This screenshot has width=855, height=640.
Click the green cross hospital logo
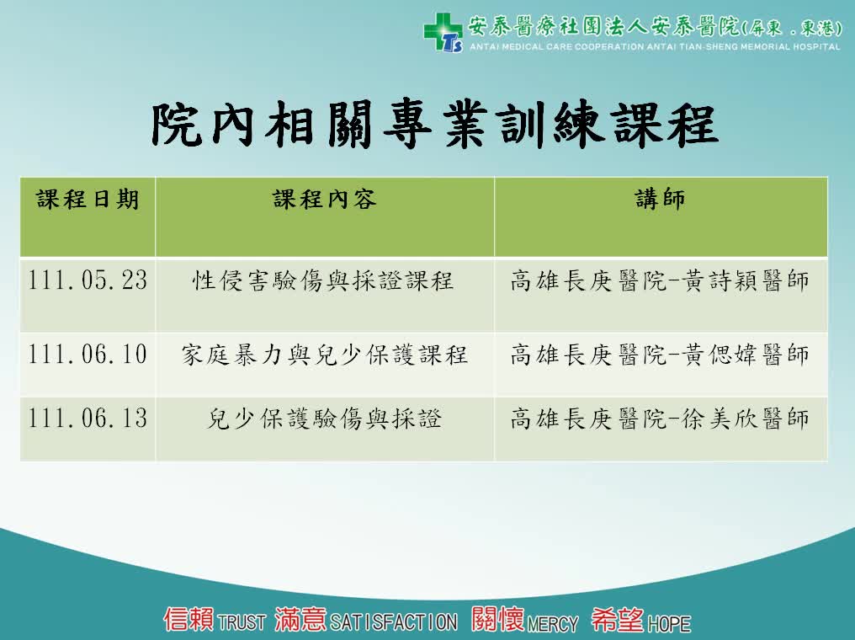(x=443, y=32)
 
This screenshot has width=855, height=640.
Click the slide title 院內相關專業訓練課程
(x=434, y=125)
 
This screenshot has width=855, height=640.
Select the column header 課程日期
(x=88, y=199)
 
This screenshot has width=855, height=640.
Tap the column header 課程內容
(x=325, y=199)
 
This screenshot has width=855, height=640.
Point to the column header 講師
(x=661, y=199)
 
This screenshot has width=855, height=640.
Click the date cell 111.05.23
(x=88, y=280)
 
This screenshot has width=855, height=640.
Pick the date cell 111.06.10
(x=88, y=355)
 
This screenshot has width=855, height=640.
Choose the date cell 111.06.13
(x=88, y=419)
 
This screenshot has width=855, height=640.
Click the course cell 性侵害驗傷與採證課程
(x=323, y=280)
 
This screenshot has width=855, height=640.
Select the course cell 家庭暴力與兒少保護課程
(x=325, y=355)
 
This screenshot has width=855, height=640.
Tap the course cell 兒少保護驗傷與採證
(x=325, y=419)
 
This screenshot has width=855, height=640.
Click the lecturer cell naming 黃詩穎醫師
(x=660, y=280)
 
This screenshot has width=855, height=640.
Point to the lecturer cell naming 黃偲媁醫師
(x=660, y=355)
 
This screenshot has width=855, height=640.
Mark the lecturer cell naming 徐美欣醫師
(x=660, y=419)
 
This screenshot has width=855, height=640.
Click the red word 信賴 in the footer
(x=189, y=619)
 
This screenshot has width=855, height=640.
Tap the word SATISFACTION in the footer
(x=394, y=622)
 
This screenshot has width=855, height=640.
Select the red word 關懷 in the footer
(x=498, y=619)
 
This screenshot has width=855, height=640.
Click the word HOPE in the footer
(x=669, y=623)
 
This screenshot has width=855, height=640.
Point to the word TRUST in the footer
(x=241, y=622)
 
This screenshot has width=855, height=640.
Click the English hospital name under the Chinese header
(x=655, y=47)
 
